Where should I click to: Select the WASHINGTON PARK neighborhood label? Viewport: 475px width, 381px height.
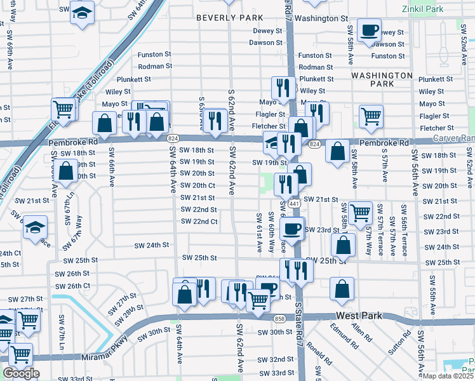[382, 79]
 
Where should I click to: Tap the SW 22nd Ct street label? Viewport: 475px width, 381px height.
[199, 222]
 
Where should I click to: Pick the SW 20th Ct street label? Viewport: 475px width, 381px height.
[197, 185]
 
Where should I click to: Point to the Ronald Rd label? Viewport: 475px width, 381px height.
[318, 352]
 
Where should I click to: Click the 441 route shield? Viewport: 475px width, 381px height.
[293, 204]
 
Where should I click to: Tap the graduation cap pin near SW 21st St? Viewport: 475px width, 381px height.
[35, 226]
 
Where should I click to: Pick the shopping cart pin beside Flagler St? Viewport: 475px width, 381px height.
[371, 116]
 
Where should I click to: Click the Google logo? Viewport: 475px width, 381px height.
[21, 373]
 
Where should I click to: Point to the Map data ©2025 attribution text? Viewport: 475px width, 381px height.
[448, 376]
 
